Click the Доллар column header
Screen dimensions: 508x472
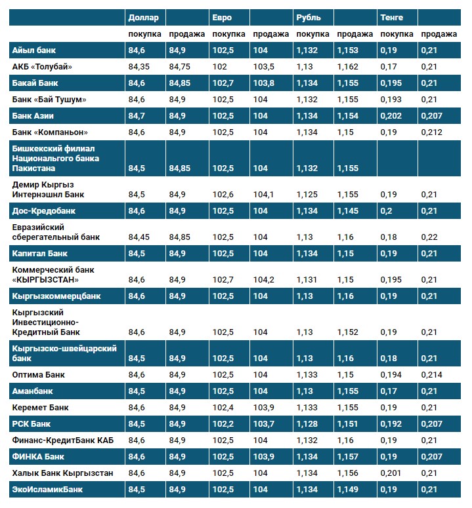(143, 17)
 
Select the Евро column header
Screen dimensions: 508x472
(222, 17)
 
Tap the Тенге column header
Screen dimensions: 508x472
(391, 17)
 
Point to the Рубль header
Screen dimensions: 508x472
(309, 17)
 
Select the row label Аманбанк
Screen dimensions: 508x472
(33, 391)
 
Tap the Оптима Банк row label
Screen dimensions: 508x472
(39, 374)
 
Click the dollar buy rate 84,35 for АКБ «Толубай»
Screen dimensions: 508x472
(140, 66)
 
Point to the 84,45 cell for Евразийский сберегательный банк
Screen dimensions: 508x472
(140, 237)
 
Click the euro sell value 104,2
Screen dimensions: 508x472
(265, 279)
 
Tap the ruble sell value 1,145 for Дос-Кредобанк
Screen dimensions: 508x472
(348, 211)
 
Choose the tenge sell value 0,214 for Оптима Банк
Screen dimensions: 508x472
(431, 374)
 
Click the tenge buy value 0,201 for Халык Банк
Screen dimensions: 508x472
(391, 473)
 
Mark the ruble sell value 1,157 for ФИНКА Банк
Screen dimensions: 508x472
(348, 456)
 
